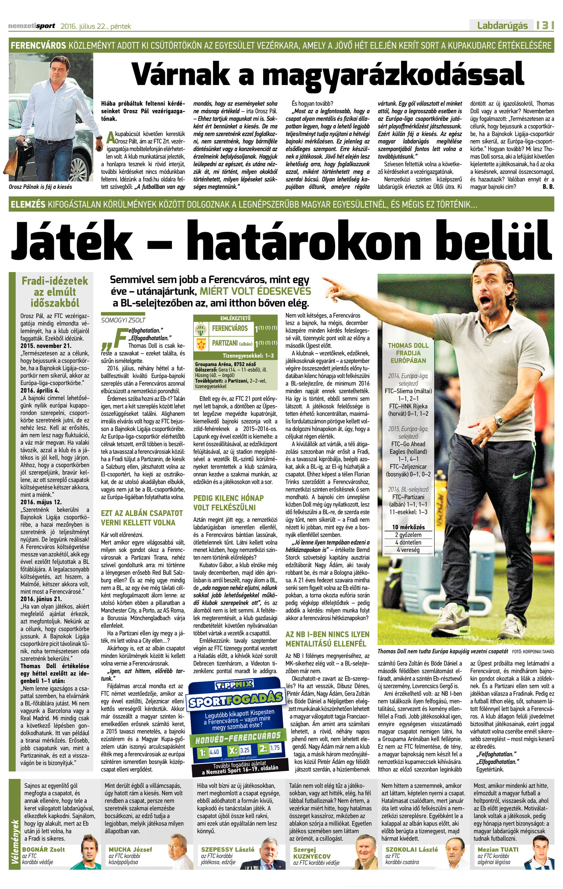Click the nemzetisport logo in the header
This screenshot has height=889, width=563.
click(x=32, y=26)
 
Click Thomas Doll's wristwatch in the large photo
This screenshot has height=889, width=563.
click(x=499, y=420)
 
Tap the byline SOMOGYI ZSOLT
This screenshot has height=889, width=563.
click(x=123, y=320)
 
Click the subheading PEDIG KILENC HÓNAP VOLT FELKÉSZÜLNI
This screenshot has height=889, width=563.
click(x=228, y=503)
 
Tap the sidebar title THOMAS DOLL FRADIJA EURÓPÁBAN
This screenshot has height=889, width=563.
click(x=408, y=353)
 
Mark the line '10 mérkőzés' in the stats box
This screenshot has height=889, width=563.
click(x=408, y=527)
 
